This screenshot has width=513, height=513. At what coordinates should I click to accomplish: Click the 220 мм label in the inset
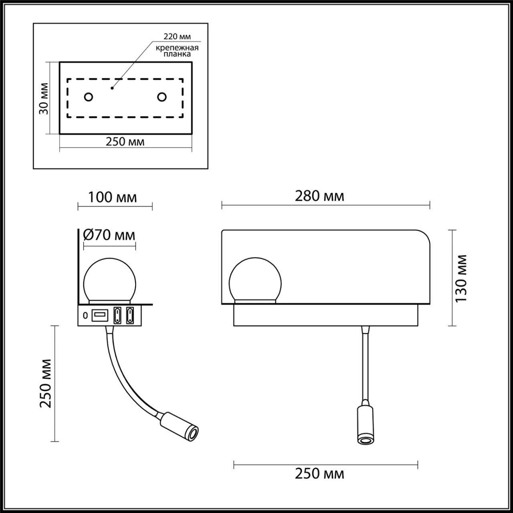coord(177,36)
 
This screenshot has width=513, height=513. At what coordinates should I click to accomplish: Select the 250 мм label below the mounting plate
coord(125,142)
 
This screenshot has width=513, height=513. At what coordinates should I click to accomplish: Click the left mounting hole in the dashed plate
coord(88,97)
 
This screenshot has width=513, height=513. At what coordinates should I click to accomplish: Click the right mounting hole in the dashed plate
coord(162,97)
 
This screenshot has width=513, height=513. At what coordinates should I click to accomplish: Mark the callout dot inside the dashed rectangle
coord(113,87)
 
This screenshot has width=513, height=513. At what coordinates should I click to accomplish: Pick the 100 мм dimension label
coord(112,198)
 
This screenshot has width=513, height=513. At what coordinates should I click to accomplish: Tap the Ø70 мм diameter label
coord(109,235)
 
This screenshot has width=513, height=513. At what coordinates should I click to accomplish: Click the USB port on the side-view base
coord(99,315)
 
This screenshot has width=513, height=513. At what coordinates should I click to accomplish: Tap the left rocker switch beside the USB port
coord(117,315)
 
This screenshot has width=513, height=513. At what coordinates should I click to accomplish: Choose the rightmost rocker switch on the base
coord(130,315)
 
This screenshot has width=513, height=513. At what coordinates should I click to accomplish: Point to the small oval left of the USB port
coord(85,315)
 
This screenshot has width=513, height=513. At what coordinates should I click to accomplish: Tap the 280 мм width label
coord(319,196)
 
